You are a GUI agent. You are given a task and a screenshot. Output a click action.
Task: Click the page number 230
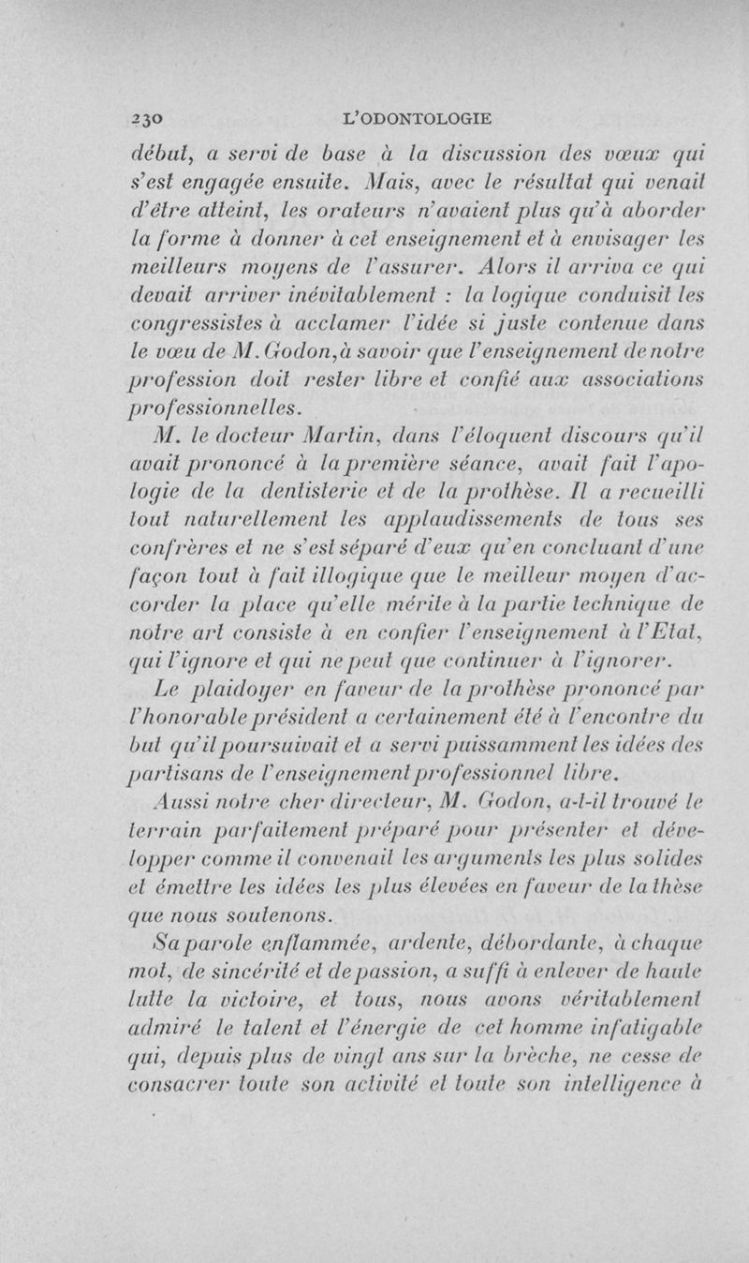tap(148, 118)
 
